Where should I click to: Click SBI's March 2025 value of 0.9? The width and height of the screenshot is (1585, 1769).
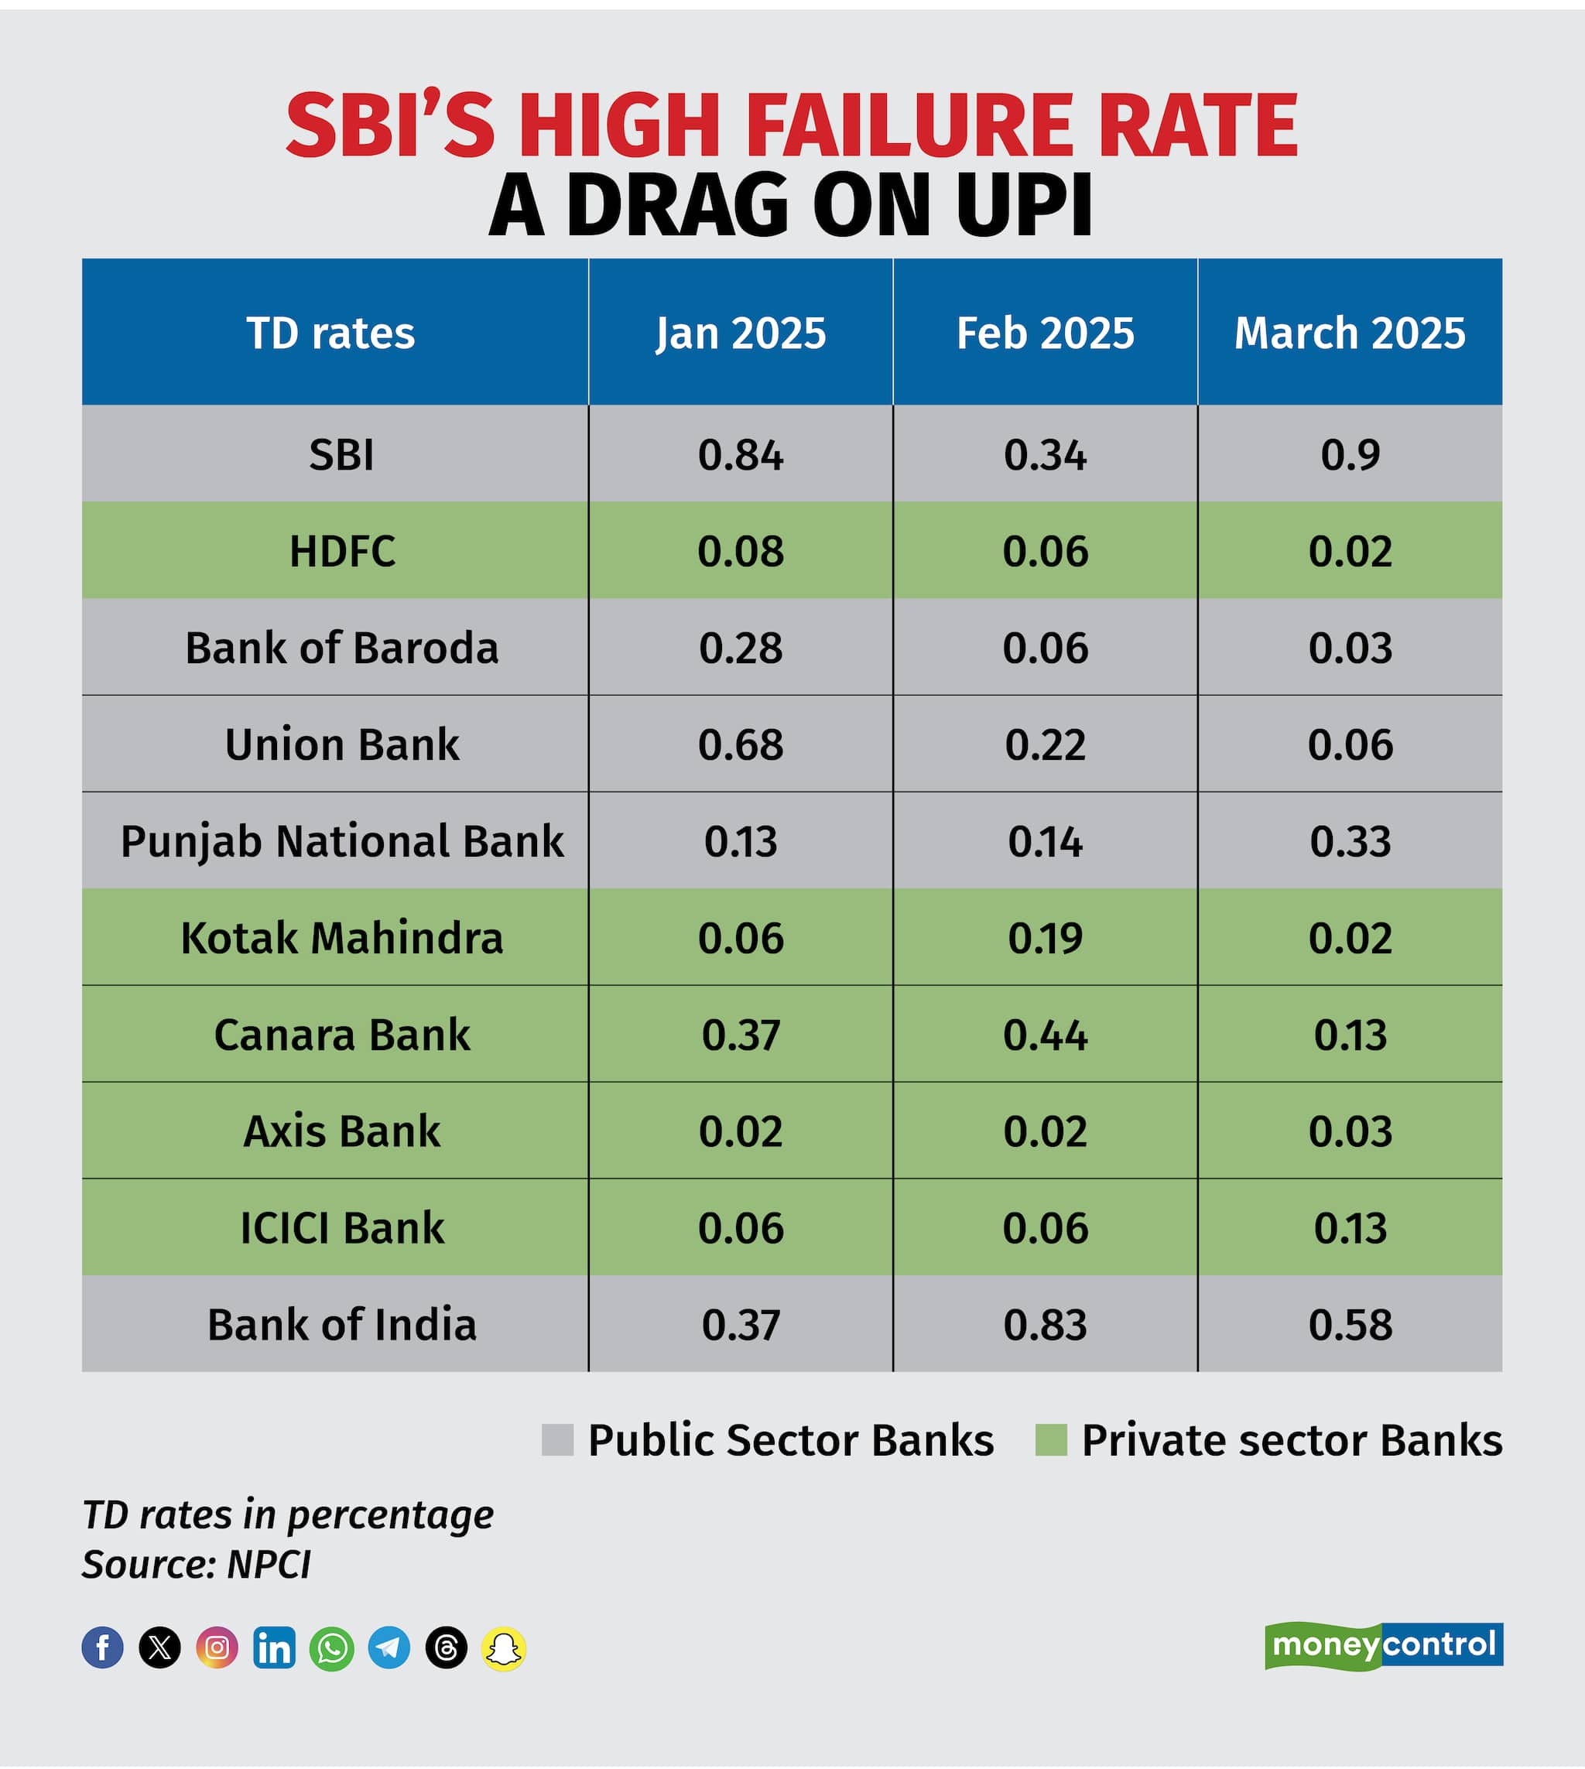[x=1349, y=454]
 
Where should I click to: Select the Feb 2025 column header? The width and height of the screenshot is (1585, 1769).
[x=1045, y=333]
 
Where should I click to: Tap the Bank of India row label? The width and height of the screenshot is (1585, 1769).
[x=341, y=1324]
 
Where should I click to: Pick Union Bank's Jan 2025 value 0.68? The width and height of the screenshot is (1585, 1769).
[x=740, y=744]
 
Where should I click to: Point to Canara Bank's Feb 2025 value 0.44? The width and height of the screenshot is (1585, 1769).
[x=1045, y=1034]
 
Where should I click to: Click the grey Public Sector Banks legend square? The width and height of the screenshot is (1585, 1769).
[x=557, y=1440]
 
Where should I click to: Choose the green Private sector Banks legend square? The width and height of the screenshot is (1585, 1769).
[x=1050, y=1440]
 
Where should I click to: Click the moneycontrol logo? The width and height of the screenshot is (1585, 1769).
[x=1383, y=1645]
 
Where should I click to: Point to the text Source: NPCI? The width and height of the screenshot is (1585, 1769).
[x=196, y=1565]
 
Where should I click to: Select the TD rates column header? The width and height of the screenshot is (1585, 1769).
[x=331, y=333]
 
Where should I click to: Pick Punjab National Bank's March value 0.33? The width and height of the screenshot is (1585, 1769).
[x=1350, y=841]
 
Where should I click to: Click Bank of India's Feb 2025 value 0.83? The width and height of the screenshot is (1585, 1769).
[x=1045, y=1324]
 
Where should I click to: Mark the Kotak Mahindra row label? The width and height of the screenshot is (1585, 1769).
[x=341, y=938]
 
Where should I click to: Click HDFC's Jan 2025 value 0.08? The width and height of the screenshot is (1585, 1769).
[x=740, y=551]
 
